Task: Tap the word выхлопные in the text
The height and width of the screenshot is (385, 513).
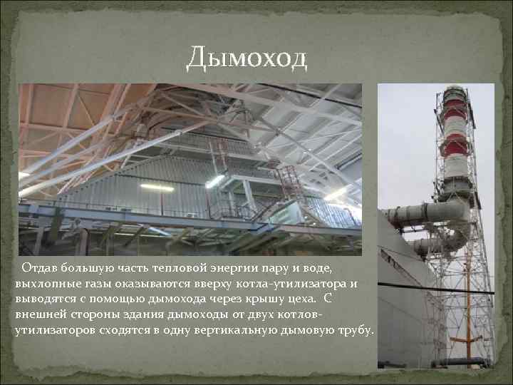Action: pos(43,283)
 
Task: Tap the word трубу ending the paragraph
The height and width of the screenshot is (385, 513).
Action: pos(356,330)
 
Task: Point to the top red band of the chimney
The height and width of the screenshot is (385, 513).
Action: pos(455,107)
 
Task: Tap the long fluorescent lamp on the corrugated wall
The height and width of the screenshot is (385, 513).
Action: pos(157,187)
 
